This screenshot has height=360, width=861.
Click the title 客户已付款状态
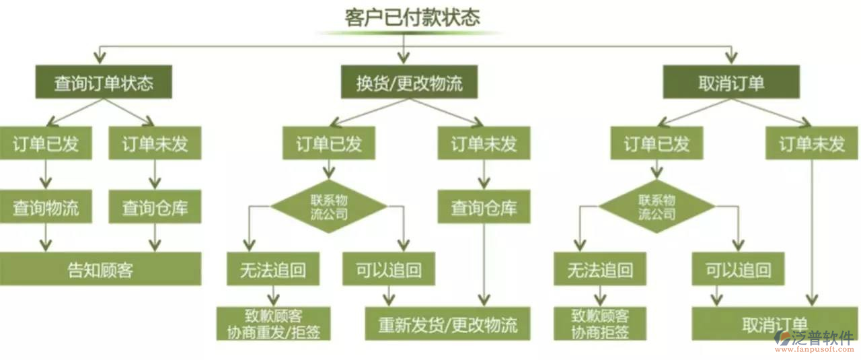pos(412,17)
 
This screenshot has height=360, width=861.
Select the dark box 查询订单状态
pos(104,82)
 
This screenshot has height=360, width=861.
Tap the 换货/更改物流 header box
pos(409,82)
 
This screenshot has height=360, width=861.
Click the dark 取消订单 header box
pos(731,82)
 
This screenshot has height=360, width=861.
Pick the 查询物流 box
pos(46,207)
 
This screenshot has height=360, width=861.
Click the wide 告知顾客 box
pos(101,269)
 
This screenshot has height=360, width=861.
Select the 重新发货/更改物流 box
pos(447,324)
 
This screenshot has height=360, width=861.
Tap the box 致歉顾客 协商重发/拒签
pos(273,324)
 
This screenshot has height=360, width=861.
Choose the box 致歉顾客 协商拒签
pos(600,324)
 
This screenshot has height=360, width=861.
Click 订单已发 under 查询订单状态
pos(46,144)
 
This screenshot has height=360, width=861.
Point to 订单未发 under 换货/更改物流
pos(484,144)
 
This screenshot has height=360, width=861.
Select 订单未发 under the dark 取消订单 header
pos(812,144)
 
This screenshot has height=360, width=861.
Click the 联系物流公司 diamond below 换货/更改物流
pos(329,207)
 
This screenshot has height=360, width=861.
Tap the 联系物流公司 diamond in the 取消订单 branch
pos(657,207)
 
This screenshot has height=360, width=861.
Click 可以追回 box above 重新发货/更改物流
pos(388,269)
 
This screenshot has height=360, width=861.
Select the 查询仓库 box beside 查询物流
pos(155,207)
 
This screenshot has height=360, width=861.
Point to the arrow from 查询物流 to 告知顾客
pos(46,238)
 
